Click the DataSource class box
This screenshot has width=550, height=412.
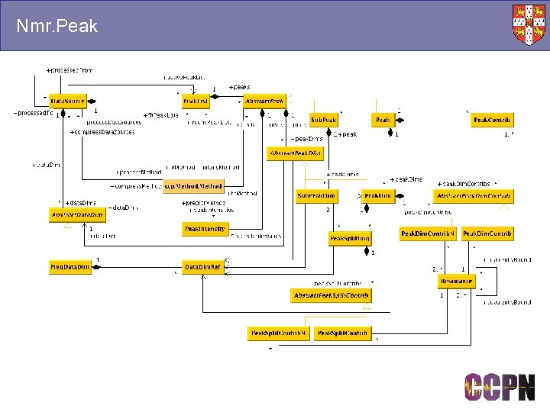[x=68, y=101]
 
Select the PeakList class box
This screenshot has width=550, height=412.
[x=196, y=101]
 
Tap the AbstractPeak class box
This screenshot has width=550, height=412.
[x=264, y=101]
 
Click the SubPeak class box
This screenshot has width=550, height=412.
[x=323, y=120]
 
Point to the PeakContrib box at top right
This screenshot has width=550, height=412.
[x=492, y=120]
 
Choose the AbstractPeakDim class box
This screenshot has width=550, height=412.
[x=295, y=153]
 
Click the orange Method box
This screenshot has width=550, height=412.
[x=194, y=185]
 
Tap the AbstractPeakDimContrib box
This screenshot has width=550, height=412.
[x=473, y=196]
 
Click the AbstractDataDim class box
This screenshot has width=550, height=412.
[x=78, y=215]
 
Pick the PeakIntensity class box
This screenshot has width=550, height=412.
[x=205, y=229]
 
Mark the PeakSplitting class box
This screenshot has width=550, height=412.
[x=350, y=239]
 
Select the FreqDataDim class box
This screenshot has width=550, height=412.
[x=70, y=267]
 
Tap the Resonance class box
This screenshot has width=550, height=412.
[x=456, y=282]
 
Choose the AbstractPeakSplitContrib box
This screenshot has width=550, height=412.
[x=331, y=295]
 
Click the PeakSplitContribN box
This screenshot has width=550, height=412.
[x=278, y=333]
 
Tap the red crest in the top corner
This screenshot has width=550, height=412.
[x=529, y=24]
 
